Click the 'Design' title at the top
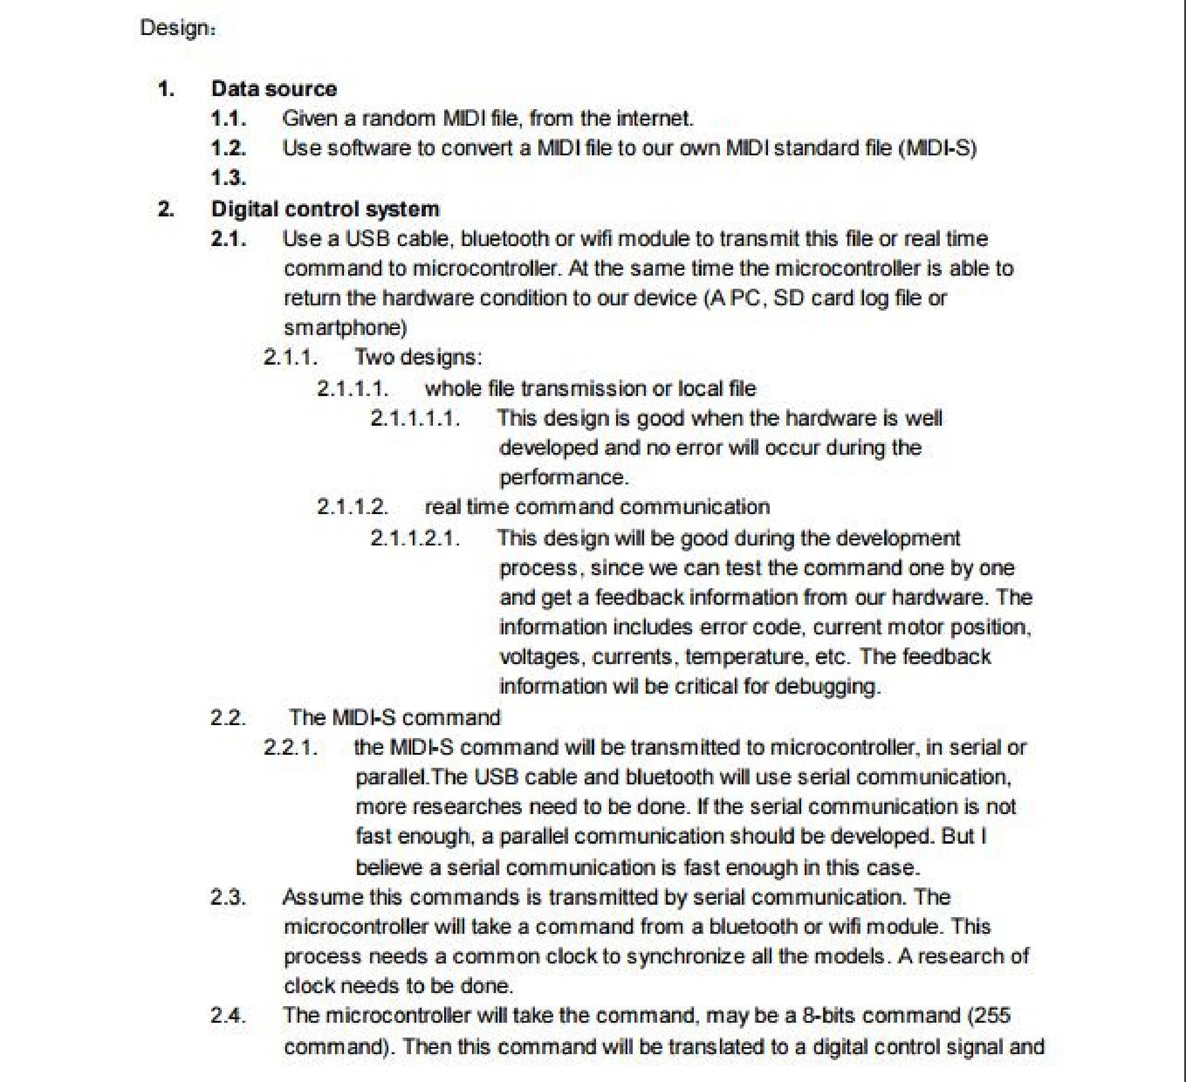[177, 28]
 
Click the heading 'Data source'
[274, 88]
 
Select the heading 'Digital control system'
[325, 209]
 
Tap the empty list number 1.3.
[228, 177]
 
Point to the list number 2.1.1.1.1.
[415, 418]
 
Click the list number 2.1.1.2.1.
[415, 538]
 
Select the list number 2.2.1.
[291, 747]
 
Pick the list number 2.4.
[228, 1015]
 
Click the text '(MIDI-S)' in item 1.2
[938, 148]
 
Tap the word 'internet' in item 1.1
[654, 118]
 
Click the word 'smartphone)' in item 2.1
[345, 327]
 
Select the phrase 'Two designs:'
[418, 357]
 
